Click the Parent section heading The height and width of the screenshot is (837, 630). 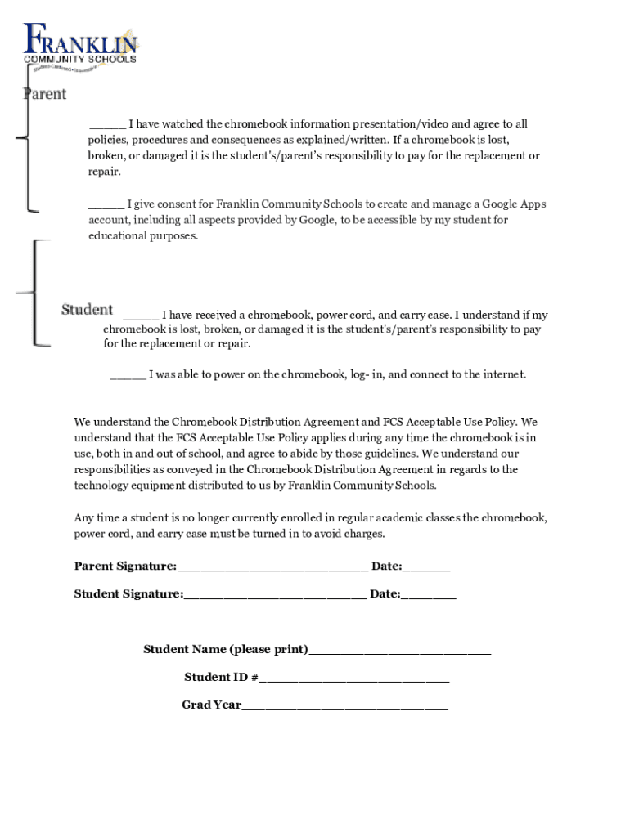(x=44, y=94)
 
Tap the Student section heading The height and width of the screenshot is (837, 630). (x=87, y=309)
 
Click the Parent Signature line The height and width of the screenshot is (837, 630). (x=272, y=567)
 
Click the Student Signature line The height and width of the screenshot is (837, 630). (x=275, y=595)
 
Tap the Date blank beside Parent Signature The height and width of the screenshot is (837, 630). (x=426, y=567)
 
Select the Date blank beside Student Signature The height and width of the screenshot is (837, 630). (x=429, y=595)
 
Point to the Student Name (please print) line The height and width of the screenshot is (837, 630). (x=400, y=651)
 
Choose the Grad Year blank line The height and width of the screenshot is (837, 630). (x=344, y=706)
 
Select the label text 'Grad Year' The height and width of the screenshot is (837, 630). (x=211, y=705)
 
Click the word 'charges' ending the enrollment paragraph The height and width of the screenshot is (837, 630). (x=364, y=534)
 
